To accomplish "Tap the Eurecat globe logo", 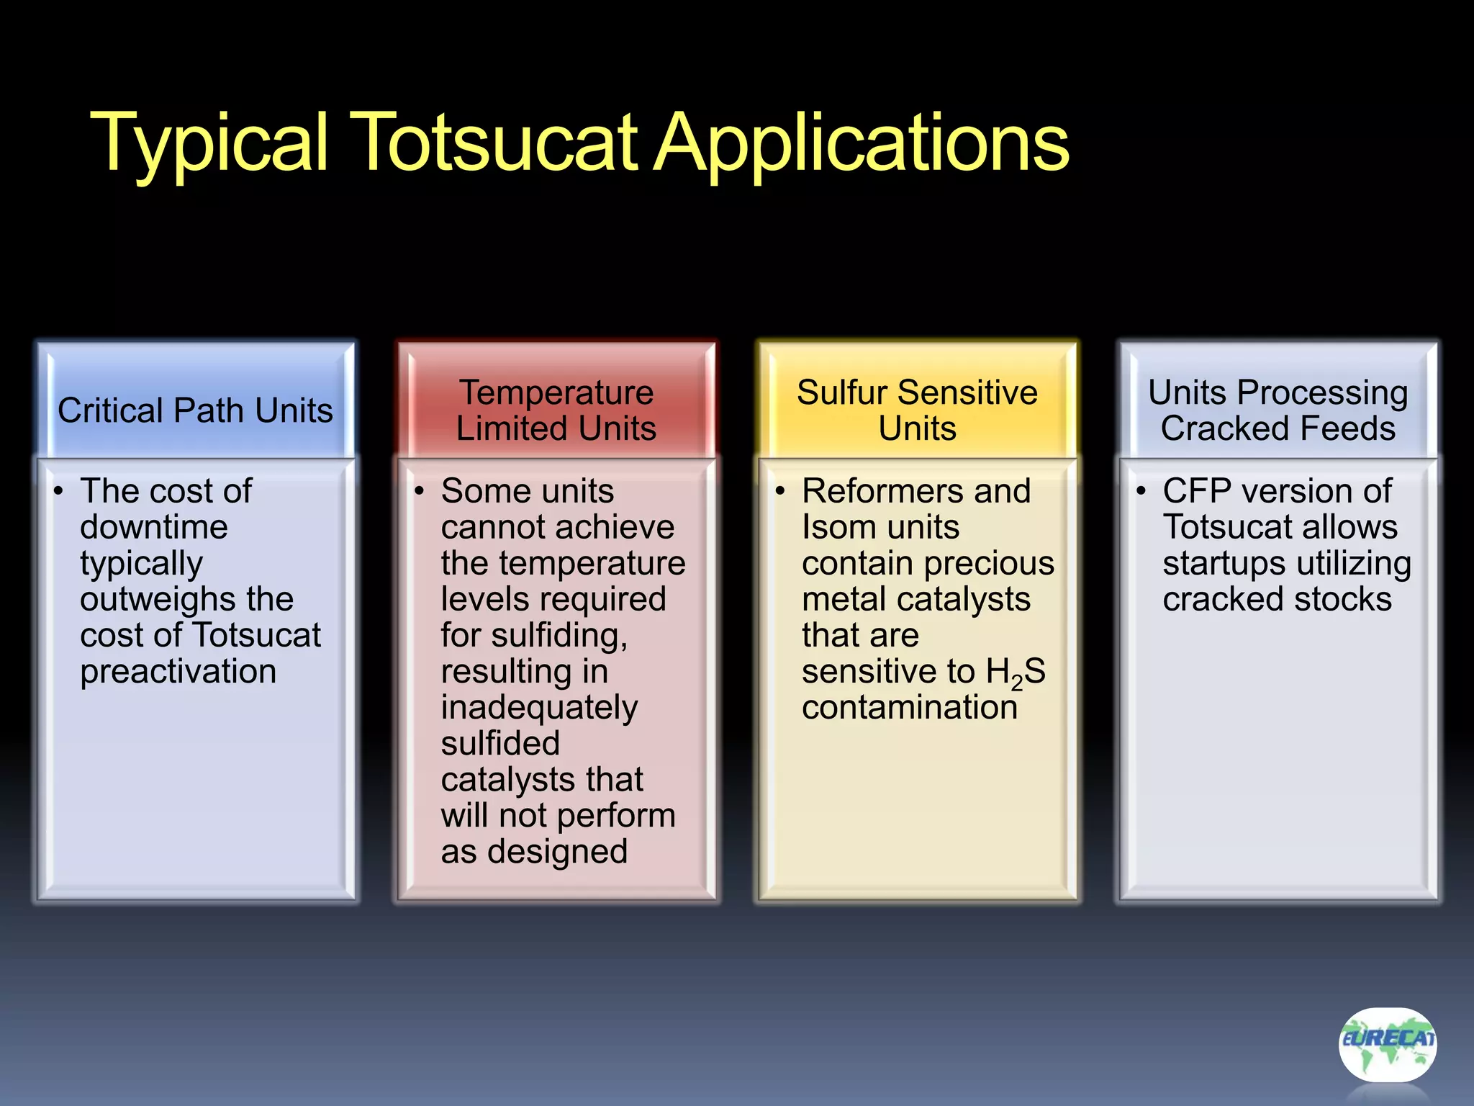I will coord(1387,1044).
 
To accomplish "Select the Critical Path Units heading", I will coord(195,410).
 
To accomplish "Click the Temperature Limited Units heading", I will coord(556,410).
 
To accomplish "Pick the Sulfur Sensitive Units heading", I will coord(917,410).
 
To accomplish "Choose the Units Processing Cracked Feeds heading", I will coord(1278,410).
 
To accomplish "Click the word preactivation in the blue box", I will coord(178,672).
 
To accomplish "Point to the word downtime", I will coord(154,527).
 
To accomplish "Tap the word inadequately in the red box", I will coord(539,708).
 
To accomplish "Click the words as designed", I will coord(534,852).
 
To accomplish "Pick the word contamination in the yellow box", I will coord(910,708).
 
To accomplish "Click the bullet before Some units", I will coord(419,491).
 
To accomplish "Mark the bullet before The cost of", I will coord(58,491).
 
